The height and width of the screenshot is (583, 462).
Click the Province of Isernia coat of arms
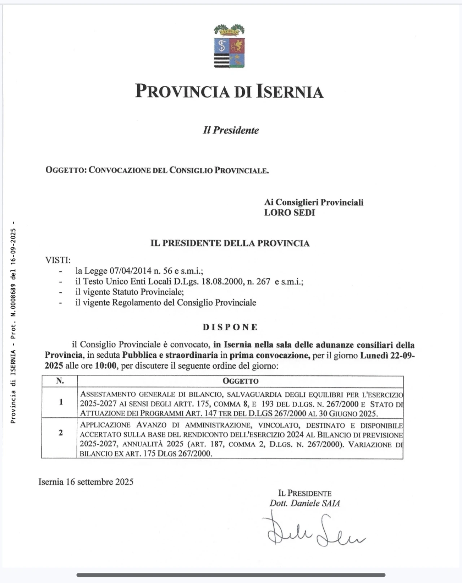click(x=229, y=46)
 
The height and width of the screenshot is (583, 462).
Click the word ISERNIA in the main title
click(x=290, y=91)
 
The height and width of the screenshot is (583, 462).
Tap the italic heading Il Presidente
click(x=231, y=130)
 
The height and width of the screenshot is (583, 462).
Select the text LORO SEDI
click(x=289, y=213)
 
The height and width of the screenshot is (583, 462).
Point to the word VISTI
click(x=58, y=260)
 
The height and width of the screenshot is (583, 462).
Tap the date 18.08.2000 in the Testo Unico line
click(x=222, y=281)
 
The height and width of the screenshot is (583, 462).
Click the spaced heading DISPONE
click(x=230, y=327)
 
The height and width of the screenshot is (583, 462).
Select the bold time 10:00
click(x=106, y=366)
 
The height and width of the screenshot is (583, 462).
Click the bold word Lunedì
click(x=374, y=355)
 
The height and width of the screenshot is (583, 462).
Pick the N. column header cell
click(x=60, y=381)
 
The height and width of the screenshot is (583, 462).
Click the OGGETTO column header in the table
click(x=240, y=381)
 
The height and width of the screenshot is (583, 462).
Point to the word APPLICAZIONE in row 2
click(x=105, y=425)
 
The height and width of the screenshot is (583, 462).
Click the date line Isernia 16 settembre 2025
click(x=86, y=482)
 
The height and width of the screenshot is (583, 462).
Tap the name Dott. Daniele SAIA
click(x=305, y=503)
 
